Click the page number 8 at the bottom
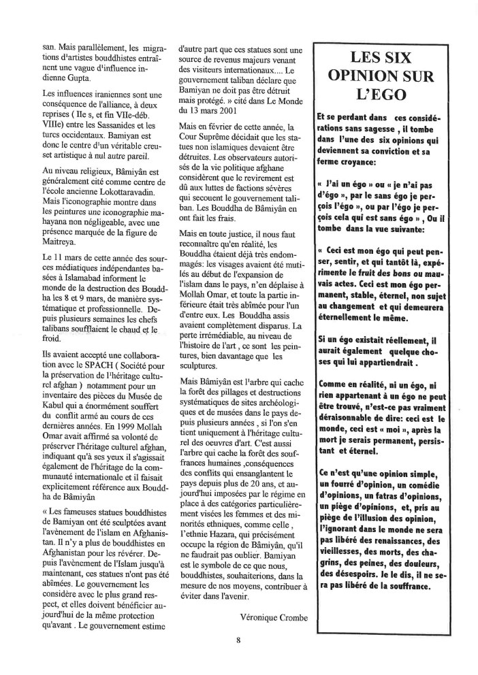point(239,640)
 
